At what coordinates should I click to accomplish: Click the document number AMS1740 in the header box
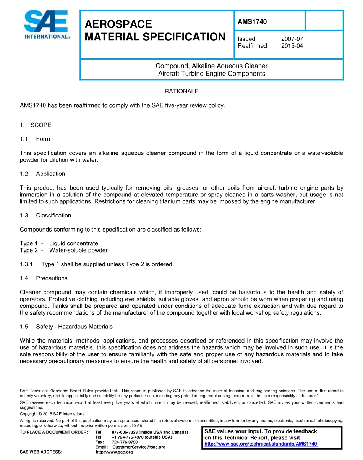(252, 22)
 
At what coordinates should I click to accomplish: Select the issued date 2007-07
(292, 39)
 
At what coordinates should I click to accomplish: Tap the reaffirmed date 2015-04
(292, 46)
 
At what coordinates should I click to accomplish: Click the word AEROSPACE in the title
(118, 24)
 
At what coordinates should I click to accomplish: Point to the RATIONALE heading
(181, 91)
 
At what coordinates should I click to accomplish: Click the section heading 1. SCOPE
(36, 125)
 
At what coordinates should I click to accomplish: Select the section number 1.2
(24, 174)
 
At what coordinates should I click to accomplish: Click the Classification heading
(53, 216)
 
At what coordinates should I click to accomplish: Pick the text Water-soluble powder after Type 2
(78, 250)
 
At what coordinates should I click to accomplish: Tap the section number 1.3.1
(26, 264)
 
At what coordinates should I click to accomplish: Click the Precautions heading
(52, 278)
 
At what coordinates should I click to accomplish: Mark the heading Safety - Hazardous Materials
(75, 327)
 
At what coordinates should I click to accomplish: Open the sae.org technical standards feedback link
(261, 444)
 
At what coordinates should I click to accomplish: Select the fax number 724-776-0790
(125, 442)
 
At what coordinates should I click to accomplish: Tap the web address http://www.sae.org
(114, 452)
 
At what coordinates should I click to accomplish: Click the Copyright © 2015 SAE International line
(53, 414)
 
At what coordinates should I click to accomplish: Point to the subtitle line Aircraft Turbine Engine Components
(212, 74)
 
